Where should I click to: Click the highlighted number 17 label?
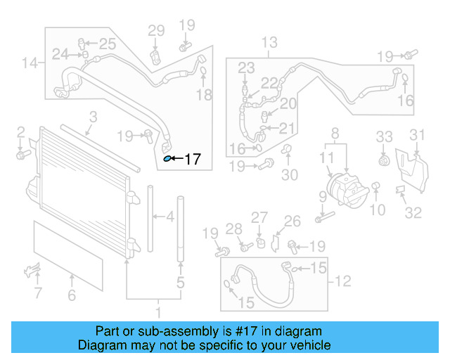pyautogui.click(x=192, y=160)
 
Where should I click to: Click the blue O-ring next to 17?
pyautogui.click(x=167, y=159)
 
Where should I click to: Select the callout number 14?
pyautogui.click(x=29, y=64)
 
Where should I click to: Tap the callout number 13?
pyautogui.click(x=269, y=44)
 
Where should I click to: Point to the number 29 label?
pyautogui.click(x=155, y=30)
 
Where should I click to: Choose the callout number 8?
pyautogui.click(x=335, y=132)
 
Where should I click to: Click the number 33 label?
pyautogui.click(x=384, y=135)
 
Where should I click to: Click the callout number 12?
pyautogui.click(x=342, y=282)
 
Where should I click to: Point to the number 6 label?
pyautogui.click(x=72, y=296)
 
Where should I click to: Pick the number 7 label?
pyautogui.click(x=38, y=292)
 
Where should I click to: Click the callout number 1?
pyautogui.click(x=158, y=311)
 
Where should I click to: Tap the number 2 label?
pyautogui.click(x=21, y=131)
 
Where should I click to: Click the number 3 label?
pyautogui.click(x=92, y=117)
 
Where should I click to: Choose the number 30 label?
pyautogui.click(x=290, y=175)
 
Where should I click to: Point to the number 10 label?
pyautogui.click(x=378, y=210)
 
